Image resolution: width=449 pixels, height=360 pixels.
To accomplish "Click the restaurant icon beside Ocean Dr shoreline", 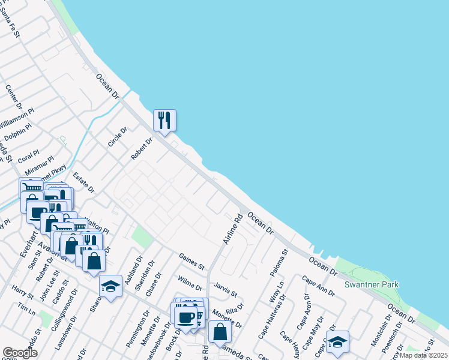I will click(x=164, y=120).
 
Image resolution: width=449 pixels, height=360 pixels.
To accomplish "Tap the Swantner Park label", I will click(x=372, y=284).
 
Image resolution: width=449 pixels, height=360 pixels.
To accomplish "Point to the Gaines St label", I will click(x=192, y=261).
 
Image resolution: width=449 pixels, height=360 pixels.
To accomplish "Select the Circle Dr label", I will click(x=117, y=137).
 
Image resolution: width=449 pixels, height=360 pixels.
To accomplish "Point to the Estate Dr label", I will click(x=84, y=182).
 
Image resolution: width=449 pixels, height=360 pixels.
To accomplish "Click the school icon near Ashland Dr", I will click(x=110, y=287).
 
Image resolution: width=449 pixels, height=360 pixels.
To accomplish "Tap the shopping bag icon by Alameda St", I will click(x=220, y=332).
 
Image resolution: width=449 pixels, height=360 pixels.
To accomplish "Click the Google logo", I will click(x=20, y=353).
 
